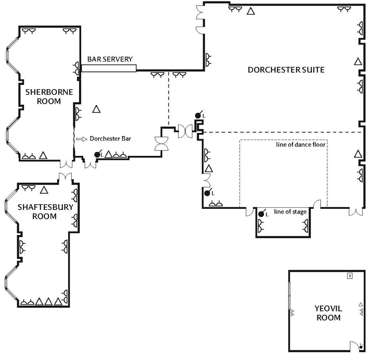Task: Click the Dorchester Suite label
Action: tap(286, 70)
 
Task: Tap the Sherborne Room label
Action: tap(49, 96)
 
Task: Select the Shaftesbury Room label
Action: tap(45, 212)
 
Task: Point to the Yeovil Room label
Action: tap(328, 313)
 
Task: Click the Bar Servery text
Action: tap(110, 59)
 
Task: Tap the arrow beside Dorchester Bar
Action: tap(82, 139)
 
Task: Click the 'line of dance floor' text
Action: tap(301, 144)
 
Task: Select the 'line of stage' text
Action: tap(290, 212)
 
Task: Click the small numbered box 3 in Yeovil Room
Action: tap(350, 276)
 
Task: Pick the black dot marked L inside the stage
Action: tap(261, 214)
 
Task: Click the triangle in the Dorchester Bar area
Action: tap(96, 109)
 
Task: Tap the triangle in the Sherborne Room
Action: tap(43, 155)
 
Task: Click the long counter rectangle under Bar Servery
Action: tap(109, 68)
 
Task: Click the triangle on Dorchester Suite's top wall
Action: tap(251, 11)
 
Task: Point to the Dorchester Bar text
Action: tap(110, 139)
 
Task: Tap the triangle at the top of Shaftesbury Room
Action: tap(44, 190)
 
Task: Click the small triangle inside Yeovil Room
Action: tap(361, 304)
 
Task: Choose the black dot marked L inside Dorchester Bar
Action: tap(97, 155)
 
